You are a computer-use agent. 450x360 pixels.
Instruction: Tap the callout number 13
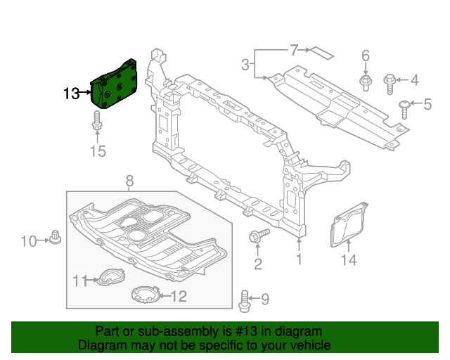coord(73,94)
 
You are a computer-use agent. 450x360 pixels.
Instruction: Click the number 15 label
coord(98,151)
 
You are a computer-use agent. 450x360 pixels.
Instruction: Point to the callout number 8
coord(129,182)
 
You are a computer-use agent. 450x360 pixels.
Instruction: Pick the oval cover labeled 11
coord(108,278)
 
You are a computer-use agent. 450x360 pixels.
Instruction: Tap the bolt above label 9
coord(245,300)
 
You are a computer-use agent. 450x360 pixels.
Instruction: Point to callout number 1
coord(299,260)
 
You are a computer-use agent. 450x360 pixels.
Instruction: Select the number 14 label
coord(349,260)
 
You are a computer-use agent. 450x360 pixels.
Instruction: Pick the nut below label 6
coord(365,83)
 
